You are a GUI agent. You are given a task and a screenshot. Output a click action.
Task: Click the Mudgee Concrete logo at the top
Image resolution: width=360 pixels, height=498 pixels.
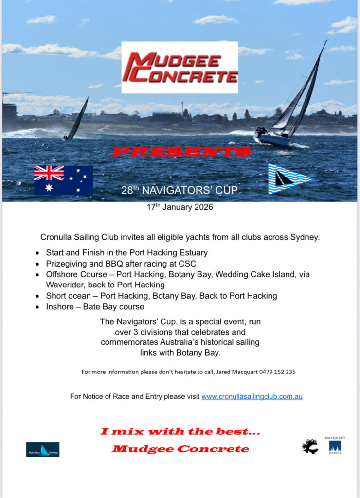tap(180, 68)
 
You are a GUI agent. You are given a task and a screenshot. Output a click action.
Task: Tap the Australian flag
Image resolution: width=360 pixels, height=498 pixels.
tap(63, 180)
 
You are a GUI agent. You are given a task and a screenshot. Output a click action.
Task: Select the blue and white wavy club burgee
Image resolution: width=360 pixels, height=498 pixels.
tap(289, 178)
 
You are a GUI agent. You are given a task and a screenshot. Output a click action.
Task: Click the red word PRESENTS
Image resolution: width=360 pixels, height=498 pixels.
tap(180, 151)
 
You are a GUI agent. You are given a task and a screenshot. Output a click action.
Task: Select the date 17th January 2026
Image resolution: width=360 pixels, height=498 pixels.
tap(180, 207)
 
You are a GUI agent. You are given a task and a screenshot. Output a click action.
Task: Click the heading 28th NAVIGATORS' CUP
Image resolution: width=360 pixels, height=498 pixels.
tap(180, 191)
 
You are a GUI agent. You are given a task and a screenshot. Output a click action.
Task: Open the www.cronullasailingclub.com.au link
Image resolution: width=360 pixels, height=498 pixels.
tap(252, 396)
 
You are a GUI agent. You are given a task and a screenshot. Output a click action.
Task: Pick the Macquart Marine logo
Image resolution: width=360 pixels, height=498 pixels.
tap(335, 445)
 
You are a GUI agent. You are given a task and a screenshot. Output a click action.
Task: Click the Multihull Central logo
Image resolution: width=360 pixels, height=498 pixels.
tap(43, 449)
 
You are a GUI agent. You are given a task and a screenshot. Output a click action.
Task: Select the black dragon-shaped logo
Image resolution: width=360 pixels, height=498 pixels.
tap(309, 446)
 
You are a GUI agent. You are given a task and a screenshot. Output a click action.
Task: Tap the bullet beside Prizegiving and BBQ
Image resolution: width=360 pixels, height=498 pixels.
tap(38, 264)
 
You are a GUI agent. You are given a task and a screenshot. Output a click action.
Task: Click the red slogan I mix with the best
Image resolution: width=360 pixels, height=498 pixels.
tap(180, 431)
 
